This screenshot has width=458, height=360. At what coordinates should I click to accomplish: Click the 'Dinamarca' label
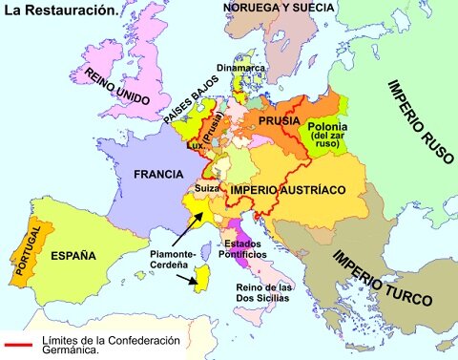click(x=247, y=68)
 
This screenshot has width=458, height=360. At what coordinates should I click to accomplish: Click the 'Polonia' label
click(x=327, y=128)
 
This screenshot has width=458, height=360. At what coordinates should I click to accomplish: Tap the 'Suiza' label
click(x=207, y=189)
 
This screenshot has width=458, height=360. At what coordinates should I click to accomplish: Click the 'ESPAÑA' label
click(x=73, y=256)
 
